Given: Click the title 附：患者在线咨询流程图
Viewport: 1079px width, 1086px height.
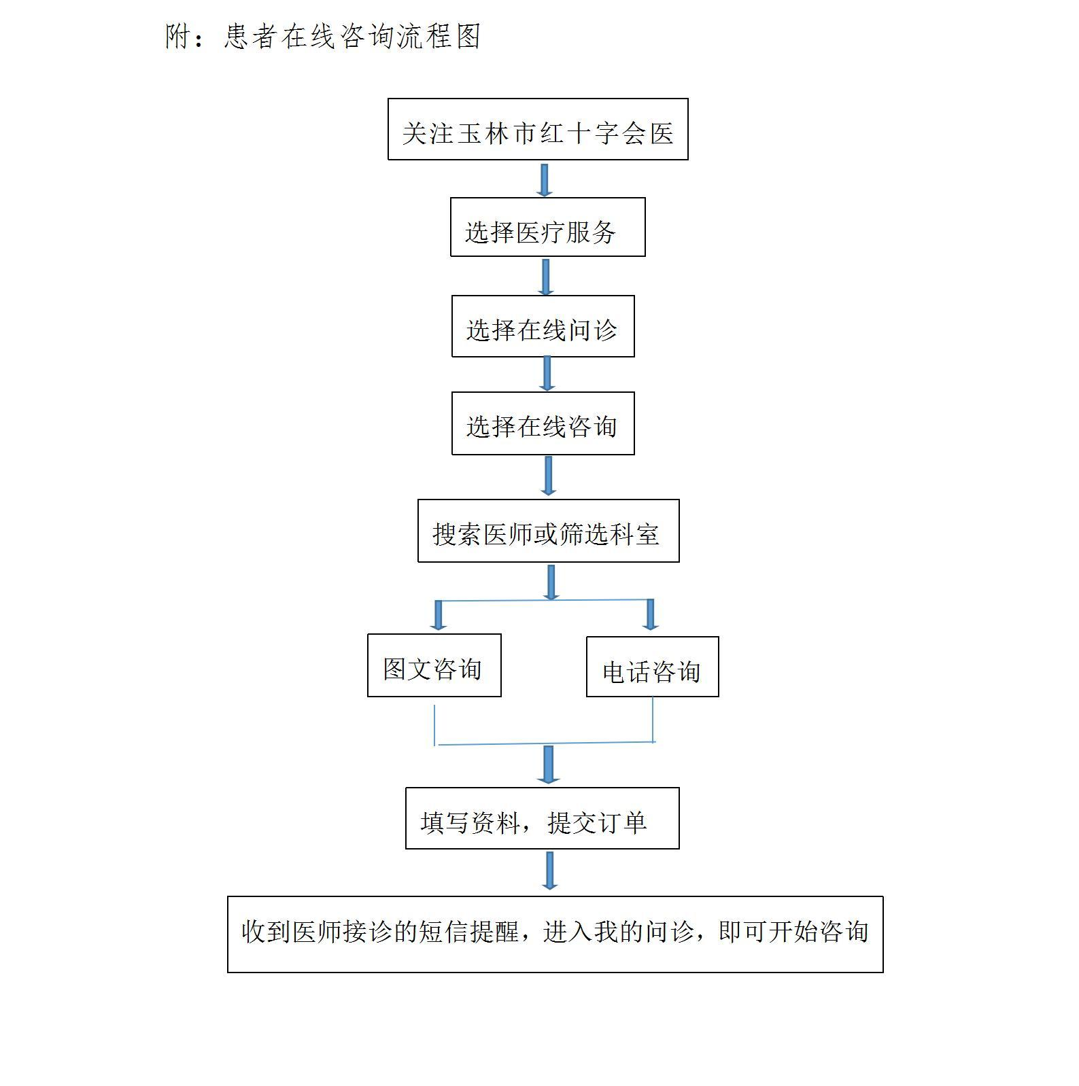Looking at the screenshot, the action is tap(323, 36).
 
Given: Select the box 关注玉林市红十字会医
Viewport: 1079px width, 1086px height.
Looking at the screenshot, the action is tap(538, 129).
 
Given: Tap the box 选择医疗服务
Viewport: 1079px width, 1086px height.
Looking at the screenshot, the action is tap(547, 227).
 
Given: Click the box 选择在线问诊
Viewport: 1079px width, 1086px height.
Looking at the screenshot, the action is tap(543, 326).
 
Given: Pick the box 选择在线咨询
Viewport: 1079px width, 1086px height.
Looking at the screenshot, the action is tap(543, 423).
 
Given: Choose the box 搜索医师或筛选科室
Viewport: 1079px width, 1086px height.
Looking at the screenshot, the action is tap(548, 531).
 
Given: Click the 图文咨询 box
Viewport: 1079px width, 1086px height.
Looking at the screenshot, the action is tap(434, 665).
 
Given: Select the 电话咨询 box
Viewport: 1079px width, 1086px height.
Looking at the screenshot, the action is tap(652, 667).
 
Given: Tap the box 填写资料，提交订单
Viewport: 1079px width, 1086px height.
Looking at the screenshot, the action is tap(542, 818).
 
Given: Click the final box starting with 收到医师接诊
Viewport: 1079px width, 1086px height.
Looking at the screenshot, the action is tap(555, 934).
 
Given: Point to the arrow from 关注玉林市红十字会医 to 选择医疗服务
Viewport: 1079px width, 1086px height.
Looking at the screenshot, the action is tap(544, 179).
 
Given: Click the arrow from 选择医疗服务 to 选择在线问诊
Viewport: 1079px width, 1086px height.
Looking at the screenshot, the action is tap(545, 277).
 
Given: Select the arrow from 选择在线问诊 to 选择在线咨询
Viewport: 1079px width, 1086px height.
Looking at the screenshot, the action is tap(547, 374).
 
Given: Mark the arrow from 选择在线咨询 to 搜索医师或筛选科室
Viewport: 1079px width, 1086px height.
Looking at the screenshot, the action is tap(548, 476).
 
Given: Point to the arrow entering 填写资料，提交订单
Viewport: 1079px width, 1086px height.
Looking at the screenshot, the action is tap(548, 765).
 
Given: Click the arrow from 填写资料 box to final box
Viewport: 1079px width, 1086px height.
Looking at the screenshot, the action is tap(550, 871).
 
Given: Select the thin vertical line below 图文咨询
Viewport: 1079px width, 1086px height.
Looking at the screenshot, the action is tap(434, 725).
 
